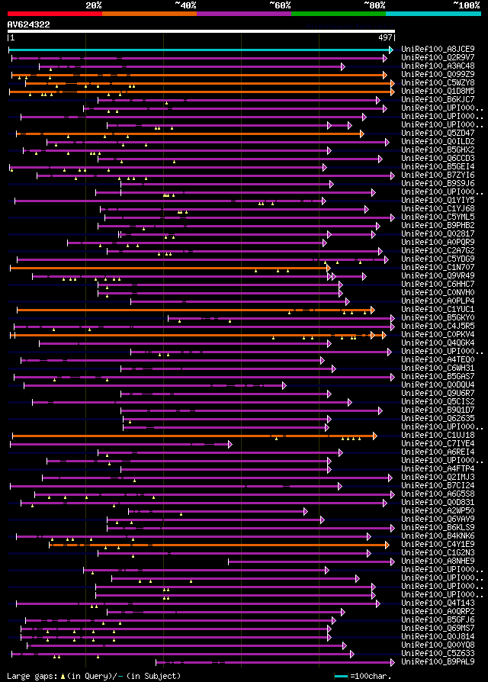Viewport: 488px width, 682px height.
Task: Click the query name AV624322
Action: [x=29, y=24]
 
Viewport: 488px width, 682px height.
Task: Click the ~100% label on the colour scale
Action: [x=465, y=5]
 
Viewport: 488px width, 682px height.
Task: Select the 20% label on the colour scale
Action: [x=94, y=5]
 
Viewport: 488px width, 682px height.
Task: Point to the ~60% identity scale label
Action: [x=280, y=5]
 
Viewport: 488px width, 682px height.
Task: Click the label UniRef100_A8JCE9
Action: [x=438, y=49]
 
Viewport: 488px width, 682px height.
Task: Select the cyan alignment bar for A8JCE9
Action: [x=198, y=50]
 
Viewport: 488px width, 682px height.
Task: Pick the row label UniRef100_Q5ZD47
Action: [x=438, y=133]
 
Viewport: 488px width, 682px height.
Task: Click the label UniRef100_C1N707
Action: [x=438, y=267]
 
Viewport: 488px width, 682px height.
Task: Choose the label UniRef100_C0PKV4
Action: [x=438, y=334]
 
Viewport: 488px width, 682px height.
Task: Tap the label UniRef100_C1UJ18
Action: [x=438, y=435]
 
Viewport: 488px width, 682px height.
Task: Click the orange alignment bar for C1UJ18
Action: [x=191, y=436]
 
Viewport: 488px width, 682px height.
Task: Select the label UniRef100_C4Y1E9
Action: [x=438, y=544]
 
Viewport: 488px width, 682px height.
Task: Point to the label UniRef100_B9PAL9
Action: [x=438, y=661]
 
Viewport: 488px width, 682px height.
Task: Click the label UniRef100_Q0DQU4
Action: [x=438, y=384]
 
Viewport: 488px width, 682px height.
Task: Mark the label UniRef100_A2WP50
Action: [x=438, y=510]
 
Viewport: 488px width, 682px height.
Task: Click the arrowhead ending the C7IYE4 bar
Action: [x=230, y=444]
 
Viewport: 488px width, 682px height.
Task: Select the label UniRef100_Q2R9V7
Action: [x=438, y=57]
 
